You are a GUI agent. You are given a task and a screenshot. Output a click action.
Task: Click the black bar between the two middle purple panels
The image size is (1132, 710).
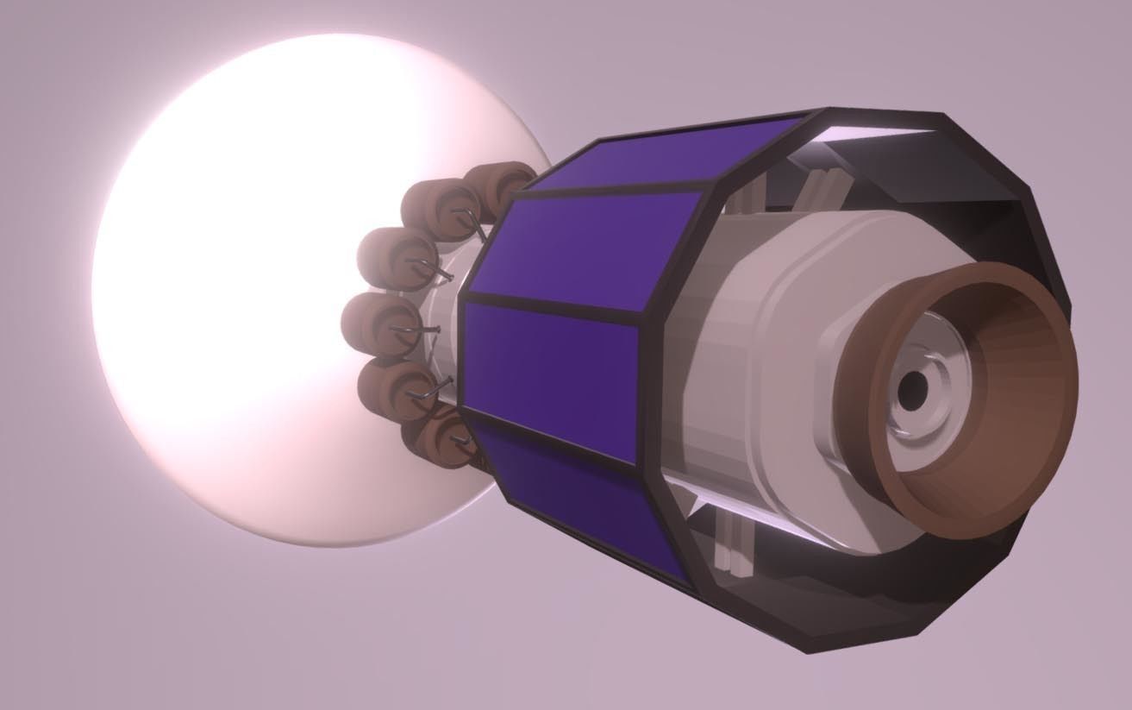click(552, 311)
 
